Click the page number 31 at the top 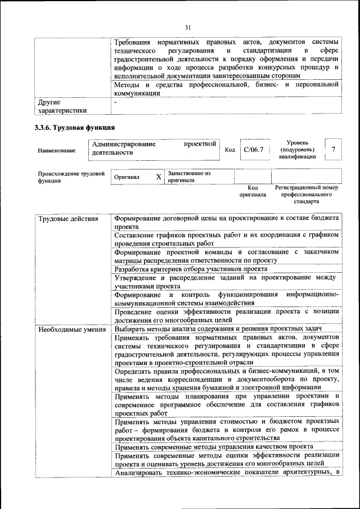coord(188,26)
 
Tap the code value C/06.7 coord(254,150)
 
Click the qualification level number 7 coord(334,150)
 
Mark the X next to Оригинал coord(158,177)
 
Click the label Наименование coord(57,151)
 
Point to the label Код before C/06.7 coord(230,150)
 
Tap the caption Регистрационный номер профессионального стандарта coord(306,194)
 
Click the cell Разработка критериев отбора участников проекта coord(191,269)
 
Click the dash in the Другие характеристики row coord(115,103)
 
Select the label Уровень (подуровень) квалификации coord(297,150)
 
